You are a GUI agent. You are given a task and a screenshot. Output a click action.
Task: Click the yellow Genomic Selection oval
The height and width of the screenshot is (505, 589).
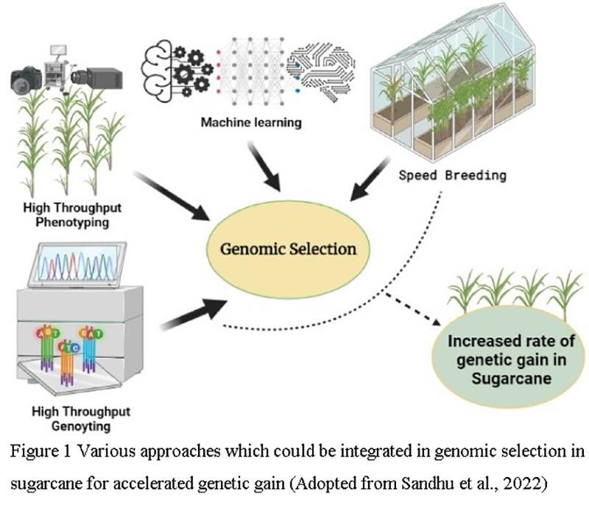pos(289,249)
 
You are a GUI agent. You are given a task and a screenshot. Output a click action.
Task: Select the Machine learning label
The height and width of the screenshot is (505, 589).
pos(251,121)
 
